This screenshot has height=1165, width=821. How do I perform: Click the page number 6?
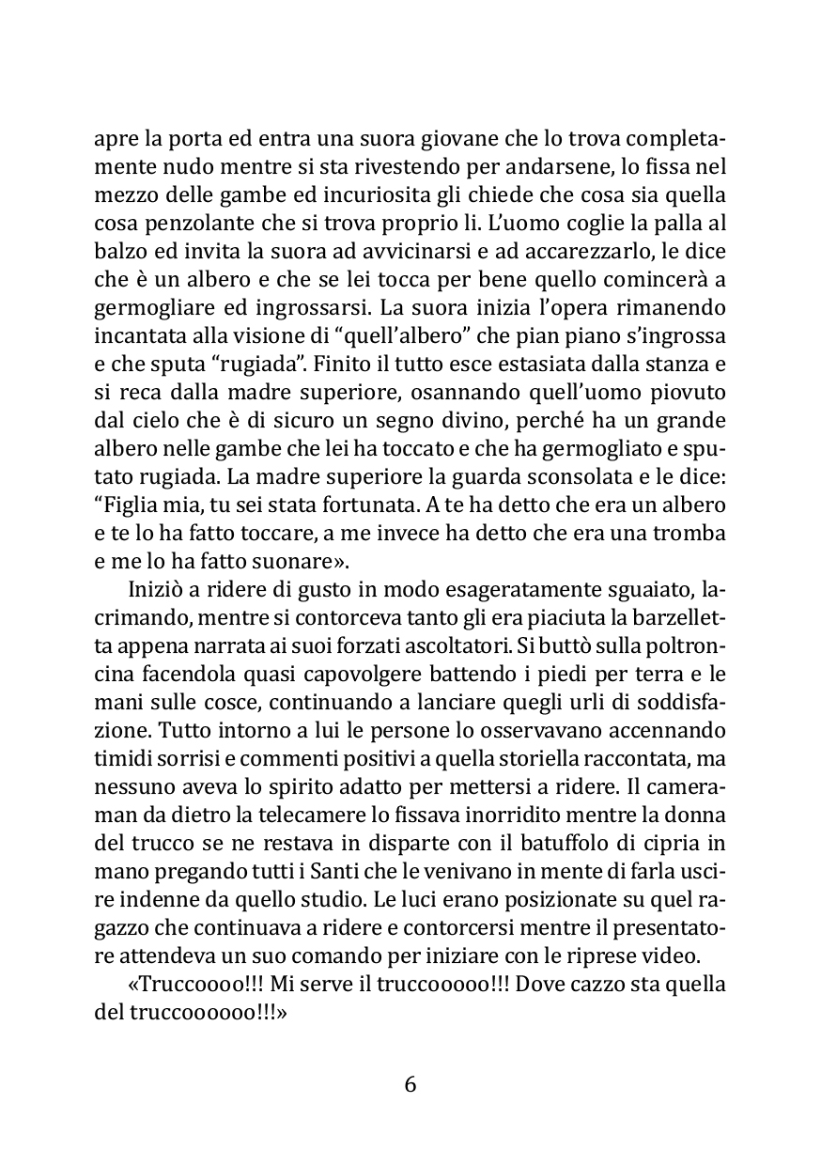410,1084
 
